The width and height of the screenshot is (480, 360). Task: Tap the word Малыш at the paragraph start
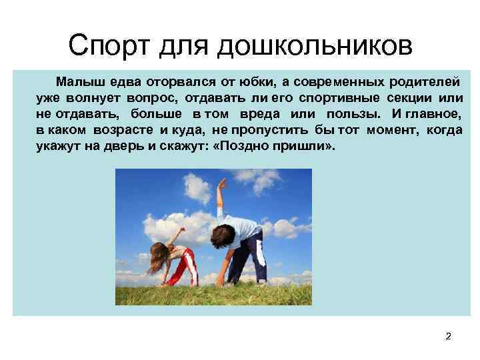pos(76,81)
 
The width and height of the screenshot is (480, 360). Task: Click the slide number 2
pos(448,336)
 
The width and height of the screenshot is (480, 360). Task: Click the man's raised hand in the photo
pos(221,183)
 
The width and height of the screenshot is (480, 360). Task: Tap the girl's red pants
pos(185,267)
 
